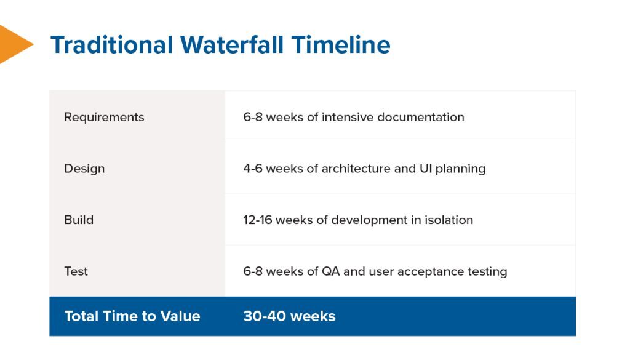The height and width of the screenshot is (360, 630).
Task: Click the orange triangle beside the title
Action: [x=14, y=44]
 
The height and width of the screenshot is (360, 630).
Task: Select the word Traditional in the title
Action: [x=111, y=45]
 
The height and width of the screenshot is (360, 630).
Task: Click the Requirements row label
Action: [x=104, y=117]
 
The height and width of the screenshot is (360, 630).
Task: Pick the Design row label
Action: [x=84, y=169]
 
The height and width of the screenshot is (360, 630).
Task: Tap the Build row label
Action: [x=79, y=220]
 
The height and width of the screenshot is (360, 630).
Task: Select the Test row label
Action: [x=76, y=271]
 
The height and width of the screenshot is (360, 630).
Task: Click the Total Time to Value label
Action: [x=132, y=316]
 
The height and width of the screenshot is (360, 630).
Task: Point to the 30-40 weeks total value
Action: [x=289, y=316]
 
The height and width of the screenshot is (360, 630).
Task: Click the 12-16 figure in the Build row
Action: [x=257, y=220]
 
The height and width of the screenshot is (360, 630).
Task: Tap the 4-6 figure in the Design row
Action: [x=253, y=169]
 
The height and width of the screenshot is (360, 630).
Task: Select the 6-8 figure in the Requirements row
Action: [x=253, y=117]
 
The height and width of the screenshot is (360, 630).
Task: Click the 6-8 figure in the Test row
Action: [x=253, y=271]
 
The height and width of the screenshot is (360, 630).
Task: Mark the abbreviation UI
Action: [x=426, y=169]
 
